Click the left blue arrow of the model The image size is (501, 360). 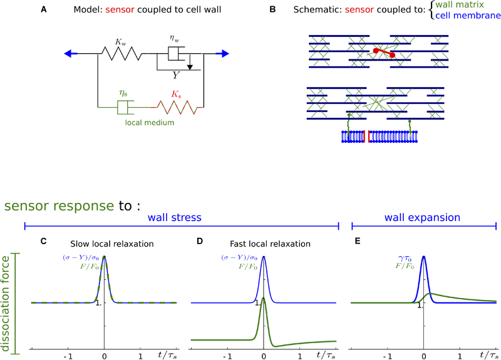[x=70, y=54]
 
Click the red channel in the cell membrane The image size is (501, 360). [x=368, y=136]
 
